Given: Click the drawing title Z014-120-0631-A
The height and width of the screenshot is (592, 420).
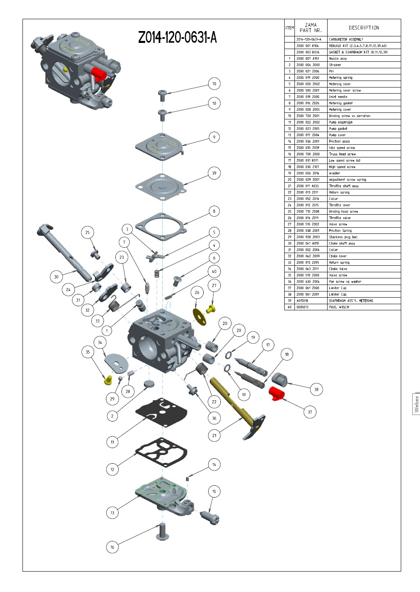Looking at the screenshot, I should pyautogui.click(x=177, y=38).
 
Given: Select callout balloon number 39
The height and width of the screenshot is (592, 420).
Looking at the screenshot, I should pyautogui.click(x=214, y=173).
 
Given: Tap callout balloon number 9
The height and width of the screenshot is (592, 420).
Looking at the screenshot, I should pyautogui.click(x=214, y=137).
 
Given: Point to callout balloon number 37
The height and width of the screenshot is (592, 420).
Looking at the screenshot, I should pyautogui.click(x=310, y=412).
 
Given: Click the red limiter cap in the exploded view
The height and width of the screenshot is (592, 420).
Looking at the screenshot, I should pyautogui.click(x=277, y=394).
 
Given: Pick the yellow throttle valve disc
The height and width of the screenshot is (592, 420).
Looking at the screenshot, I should pyautogui.click(x=200, y=316).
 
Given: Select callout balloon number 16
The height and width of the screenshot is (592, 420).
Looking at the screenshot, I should pyautogui.click(x=112, y=547).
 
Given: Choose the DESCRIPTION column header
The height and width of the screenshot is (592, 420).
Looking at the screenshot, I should pyautogui.click(x=364, y=28).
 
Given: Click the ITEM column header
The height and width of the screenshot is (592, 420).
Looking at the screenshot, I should pyautogui.click(x=290, y=28).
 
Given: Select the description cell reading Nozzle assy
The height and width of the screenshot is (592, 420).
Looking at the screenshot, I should pyautogui.click(x=338, y=58).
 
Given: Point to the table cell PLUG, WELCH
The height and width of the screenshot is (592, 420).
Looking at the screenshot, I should pyautogui.click(x=339, y=307).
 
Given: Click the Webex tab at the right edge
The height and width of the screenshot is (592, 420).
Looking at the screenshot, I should pyautogui.click(x=416, y=404).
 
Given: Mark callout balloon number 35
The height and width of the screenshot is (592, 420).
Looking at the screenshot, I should pyautogui.click(x=88, y=352).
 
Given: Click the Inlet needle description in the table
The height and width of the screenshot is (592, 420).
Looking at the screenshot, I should pyautogui.click(x=338, y=97).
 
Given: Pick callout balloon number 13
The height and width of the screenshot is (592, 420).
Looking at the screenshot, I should pyautogui.click(x=112, y=513).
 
